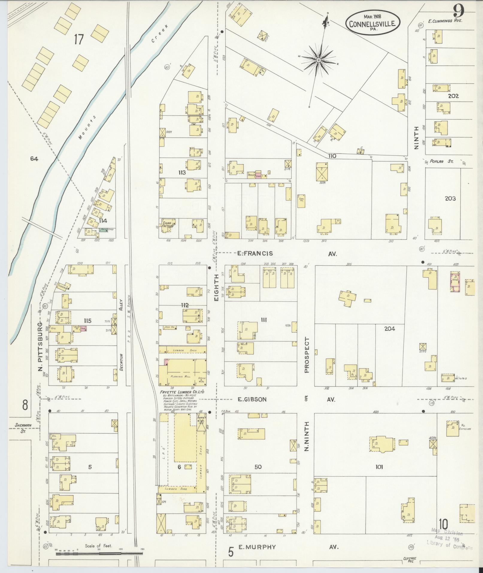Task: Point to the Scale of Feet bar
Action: click(99, 554)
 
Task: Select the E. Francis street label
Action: click(255, 253)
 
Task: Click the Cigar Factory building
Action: click(168, 224)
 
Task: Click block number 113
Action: click(182, 173)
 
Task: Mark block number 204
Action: click(389, 329)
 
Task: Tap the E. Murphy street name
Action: click(257, 547)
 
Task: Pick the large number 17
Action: click(78, 39)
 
